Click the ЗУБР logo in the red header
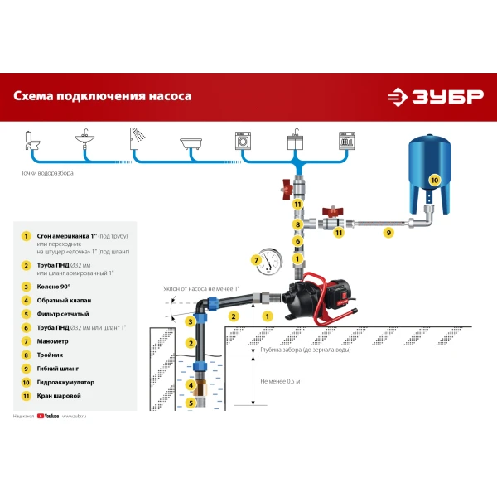pos(436,96)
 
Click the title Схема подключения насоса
pos(103,96)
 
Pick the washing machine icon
pos(246,140)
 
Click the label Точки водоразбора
pos(47,174)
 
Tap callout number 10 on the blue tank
pos(433,180)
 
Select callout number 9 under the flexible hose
pos(388,234)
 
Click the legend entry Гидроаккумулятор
pos(66,383)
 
